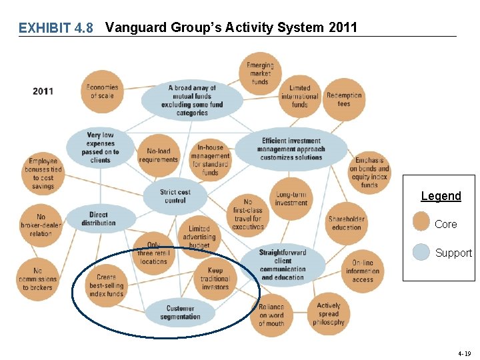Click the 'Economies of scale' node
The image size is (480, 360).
102,91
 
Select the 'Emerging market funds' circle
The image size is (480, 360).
260,74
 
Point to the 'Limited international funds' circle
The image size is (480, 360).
300,96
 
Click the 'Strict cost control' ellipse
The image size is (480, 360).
175,196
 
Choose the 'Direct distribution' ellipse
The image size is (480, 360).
99,219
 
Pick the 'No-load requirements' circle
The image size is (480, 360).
158,155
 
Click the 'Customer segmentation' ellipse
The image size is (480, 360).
181,312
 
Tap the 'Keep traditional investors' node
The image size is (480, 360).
215,279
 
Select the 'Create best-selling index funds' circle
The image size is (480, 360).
106,285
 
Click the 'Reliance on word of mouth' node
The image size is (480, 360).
271,315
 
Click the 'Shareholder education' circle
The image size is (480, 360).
347,223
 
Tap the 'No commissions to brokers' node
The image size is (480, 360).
37,279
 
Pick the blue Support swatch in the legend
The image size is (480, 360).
421,252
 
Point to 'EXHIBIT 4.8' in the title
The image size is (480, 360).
56,28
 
